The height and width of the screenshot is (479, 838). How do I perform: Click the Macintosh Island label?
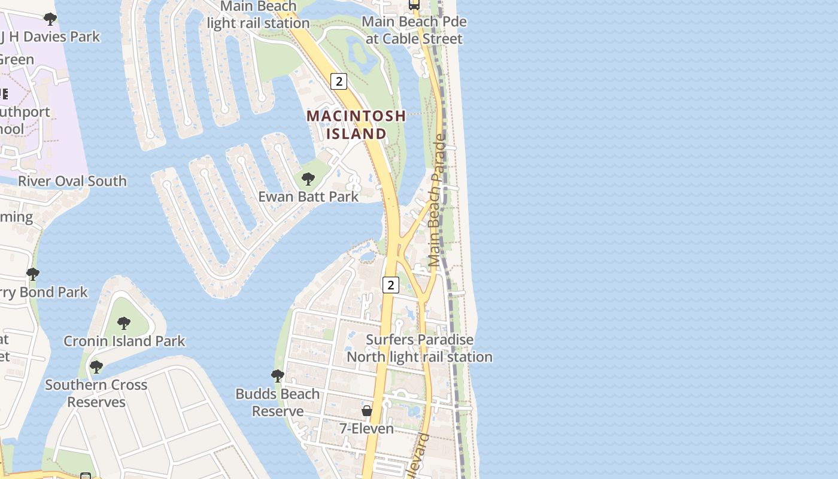pyautogui.click(x=356, y=125)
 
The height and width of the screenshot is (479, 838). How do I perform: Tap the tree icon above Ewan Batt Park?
pyautogui.click(x=308, y=178)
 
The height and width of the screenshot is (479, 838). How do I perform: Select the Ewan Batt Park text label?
pyautogui.click(x=308, y=196)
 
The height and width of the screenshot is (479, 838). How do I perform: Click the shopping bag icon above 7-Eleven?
pyautogui.click(x=367, y=411)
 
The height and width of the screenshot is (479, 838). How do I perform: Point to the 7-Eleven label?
pyautogui.click(x=366, y=429)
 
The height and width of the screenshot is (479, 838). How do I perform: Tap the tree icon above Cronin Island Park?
pyautogui.click(x=124, y=323)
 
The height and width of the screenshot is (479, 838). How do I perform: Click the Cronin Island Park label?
pyautogui.click(x=125, y=341)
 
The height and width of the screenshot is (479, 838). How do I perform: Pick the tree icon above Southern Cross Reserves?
pyautogui.click(x=96, y=366)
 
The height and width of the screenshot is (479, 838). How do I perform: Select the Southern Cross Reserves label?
pyautogui.click(x=96, y=393)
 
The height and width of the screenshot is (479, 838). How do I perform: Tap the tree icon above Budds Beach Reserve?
pyautogui.click(x=277, y=376)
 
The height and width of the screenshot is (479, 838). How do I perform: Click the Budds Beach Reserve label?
pyautogui.click(x=277, y=402)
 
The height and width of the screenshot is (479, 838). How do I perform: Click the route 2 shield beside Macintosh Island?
pyautogui.click(x=339, y=81)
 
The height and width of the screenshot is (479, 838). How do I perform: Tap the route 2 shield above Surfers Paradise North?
pyautogui.click(x=390, y=285)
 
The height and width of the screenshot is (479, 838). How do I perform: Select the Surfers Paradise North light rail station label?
pyautogui.click(x=420, y=348)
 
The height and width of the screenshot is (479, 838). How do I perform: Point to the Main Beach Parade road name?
pyautogui.click(x=438, y=201)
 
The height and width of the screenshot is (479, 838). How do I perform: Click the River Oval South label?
pyautogui.click(x=72, y=181)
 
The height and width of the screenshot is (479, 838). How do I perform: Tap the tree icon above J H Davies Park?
pyautogui.click(x=50, y=19)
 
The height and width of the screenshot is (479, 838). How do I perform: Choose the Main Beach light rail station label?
pyautogui.click(x=258, y=15)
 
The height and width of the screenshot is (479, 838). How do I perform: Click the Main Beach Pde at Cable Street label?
pyautogui.click(x=414, y=30)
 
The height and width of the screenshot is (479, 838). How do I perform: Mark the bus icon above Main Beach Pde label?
pyautogui.click(x=414, y=5)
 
